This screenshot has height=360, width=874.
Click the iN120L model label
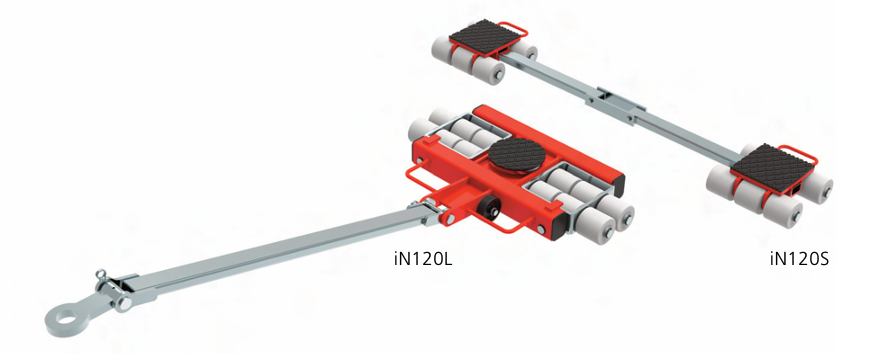(423, 259)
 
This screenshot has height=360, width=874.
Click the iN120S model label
(799, 259)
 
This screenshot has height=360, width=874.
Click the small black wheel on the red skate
(488, 210)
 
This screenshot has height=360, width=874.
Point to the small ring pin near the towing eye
(101, 275)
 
